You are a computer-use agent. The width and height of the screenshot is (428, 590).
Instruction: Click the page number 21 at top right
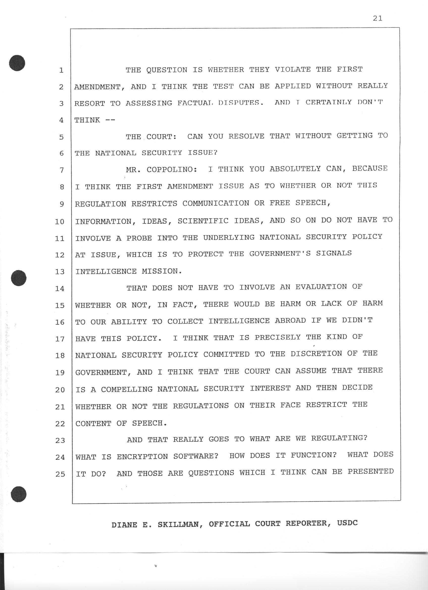click(378, 18)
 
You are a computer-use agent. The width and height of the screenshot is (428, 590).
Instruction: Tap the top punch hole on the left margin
click(17, 63)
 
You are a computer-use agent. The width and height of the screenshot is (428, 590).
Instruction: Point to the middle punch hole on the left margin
click(19, 278)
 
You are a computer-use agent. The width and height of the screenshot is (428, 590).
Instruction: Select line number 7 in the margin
click(61, 170)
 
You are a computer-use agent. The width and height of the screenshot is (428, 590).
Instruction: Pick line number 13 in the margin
click(60, 272)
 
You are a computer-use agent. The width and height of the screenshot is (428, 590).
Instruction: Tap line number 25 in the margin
click(60, 474)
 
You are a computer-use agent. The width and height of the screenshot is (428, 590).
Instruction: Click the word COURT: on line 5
click(162, 136)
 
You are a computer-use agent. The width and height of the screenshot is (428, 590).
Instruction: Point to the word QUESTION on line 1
click(167, 70)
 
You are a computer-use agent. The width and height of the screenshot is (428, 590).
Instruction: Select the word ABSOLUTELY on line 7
click(295, 169)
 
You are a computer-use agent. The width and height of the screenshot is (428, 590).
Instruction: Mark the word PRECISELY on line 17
click(278, 338)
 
